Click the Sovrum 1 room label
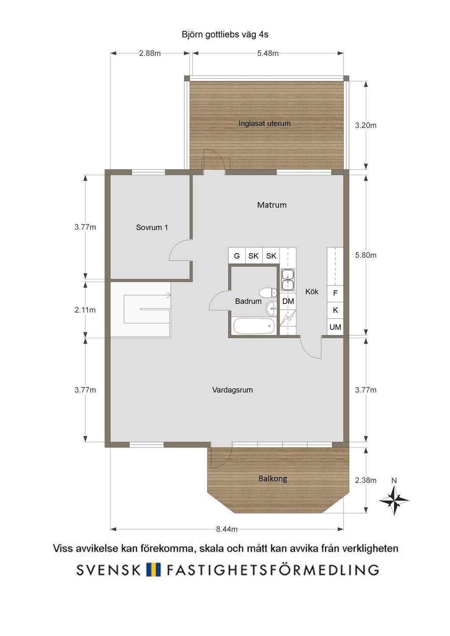(x=152, y=227)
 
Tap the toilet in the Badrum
(x=268, y=292)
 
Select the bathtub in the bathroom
(x=254, y=326)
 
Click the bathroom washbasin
(x=272, y=308)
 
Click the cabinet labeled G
(x=236, y=256)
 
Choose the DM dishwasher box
(x=288, y=301)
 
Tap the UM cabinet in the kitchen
(x=335, y=327)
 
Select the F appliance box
(x=335, y=293)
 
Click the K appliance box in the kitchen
(x=335, y=311)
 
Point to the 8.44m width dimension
(x=227, y=529)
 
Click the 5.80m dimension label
(x=366, y=255)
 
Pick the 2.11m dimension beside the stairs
(x=85, y=310)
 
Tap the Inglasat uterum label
(x=265, y=124)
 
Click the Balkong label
(x=272, y=479)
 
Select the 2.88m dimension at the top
(x=150, y=53)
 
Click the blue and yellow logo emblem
(x=153, y=569)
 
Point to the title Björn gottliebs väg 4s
(x=225, y=35)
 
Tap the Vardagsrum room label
(x=232, y=390)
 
